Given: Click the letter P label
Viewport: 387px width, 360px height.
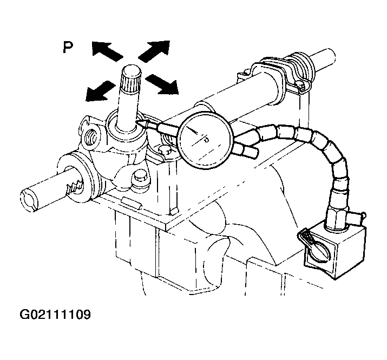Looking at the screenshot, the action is point(68,48).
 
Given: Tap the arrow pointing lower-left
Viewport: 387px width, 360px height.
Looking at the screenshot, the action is point(100,91).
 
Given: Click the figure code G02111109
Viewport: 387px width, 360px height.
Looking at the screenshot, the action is point(55,315).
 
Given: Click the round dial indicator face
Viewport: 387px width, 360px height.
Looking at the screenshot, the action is point(205,140).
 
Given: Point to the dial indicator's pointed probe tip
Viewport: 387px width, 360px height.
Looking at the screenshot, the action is point(137,122).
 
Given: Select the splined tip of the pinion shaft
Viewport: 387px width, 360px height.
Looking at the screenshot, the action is point(131,78).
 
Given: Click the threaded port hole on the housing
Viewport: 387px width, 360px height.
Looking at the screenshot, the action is point(92,139).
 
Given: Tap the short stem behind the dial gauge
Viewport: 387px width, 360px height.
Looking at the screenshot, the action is point(247,151).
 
